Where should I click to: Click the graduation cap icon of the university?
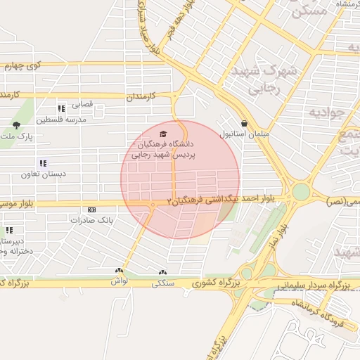[x=163, y=134]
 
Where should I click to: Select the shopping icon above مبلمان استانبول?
[x=243, y=123]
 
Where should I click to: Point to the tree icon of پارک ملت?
[x=16, y=125]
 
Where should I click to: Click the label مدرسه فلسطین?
[x=61, y=120]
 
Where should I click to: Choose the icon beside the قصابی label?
[x=62, y=108]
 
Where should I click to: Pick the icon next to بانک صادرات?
[x=91, y=210]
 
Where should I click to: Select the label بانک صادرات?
[x=91, y=219]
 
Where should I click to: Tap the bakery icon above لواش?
[x=119, y=271]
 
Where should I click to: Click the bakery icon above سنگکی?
[x=163, y=272]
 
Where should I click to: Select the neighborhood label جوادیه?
[x=326, y=112]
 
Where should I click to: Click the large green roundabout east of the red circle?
[x=301, y=191]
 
